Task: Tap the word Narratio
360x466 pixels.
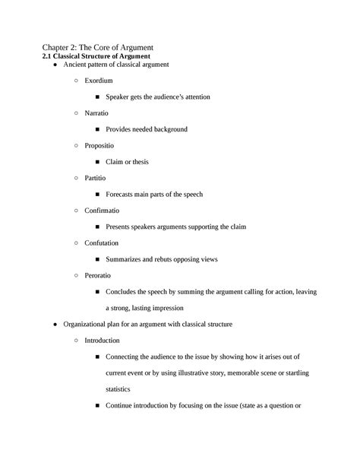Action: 96,113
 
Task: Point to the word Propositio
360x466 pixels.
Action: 100,145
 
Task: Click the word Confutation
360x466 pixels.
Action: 103,243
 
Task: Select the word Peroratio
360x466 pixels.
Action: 98,275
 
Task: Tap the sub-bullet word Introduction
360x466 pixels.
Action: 103,340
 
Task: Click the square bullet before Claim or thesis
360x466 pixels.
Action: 98,162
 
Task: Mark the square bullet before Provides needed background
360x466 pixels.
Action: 98,129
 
